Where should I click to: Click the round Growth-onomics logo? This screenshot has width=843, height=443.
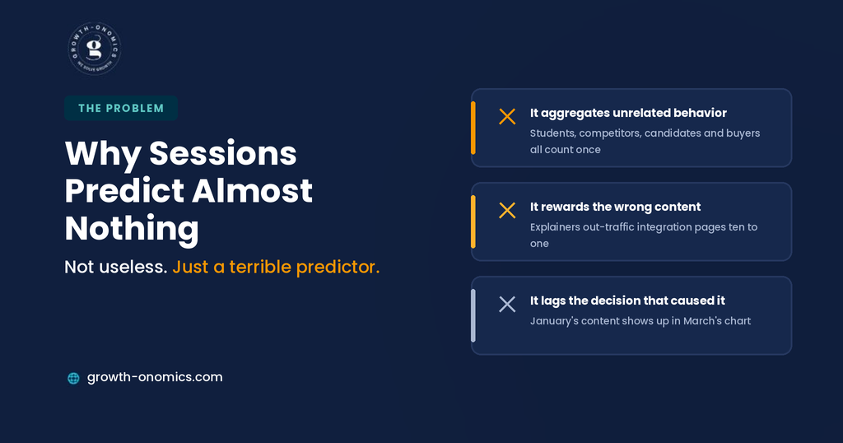point(95,49)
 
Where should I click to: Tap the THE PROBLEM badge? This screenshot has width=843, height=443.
point(121,108)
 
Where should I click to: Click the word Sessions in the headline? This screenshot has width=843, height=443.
point(222,153)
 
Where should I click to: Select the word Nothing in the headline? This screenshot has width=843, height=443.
point(132,228)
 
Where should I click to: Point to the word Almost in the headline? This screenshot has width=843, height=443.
point(252,191)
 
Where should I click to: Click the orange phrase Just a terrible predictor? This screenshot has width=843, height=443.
point(277,267)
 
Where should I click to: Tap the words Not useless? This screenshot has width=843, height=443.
point(115,267)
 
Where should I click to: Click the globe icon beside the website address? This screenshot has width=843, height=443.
point(73,378)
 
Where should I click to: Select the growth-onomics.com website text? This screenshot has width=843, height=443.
point(155,377)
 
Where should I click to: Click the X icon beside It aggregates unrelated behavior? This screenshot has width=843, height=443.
point(507,117)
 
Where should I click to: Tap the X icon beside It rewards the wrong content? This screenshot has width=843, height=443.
point(507,210)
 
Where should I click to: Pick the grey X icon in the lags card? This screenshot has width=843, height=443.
point(507,305)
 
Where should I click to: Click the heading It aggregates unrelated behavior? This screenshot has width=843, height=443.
point(628,113)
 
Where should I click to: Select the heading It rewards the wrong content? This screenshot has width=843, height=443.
point(616,207)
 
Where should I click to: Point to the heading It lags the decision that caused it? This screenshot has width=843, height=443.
point(627,301)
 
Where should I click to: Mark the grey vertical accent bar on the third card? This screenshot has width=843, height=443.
point(473,315)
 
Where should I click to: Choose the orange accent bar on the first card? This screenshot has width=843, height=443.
point(473,128)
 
